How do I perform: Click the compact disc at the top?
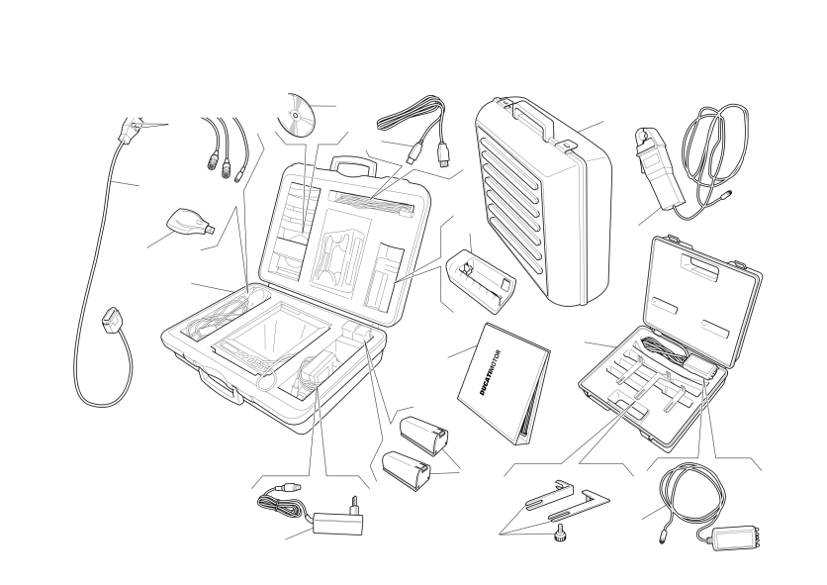tap(296, 115)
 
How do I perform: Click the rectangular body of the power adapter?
tap(338, 523)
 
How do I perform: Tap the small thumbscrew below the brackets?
tap(559, 536)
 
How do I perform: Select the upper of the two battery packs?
tap(424, 436)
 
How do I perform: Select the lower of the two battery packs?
tap(406, 470)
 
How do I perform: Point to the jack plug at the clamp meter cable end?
tap(725, 194)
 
